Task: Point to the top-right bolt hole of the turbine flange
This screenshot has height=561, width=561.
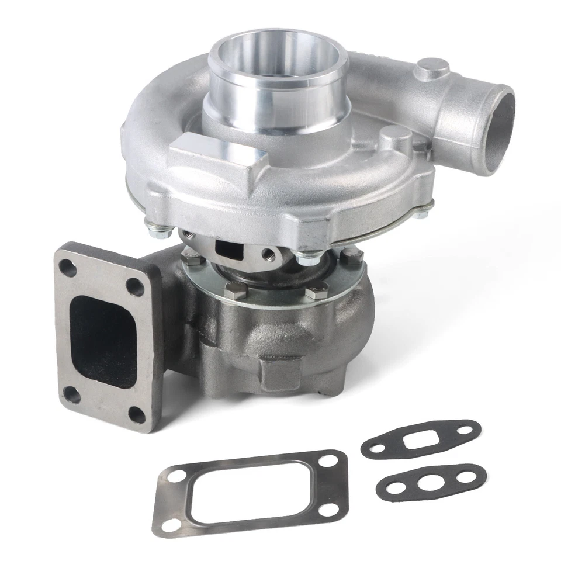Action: pyautogui.click(x=138, y=286)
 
